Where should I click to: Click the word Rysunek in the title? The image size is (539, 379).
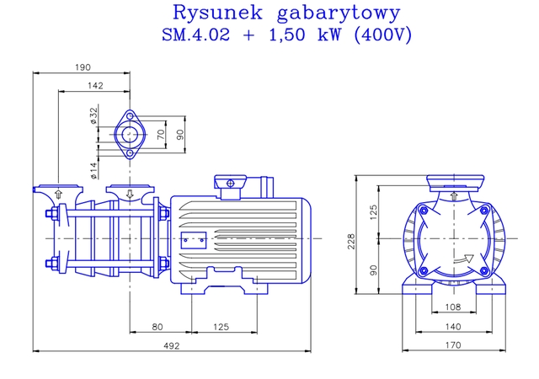point(210,13)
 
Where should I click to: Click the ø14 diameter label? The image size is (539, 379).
point(93,169)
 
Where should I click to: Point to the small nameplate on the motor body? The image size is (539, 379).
point(194,239)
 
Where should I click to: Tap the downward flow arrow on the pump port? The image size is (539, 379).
point(129,195)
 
